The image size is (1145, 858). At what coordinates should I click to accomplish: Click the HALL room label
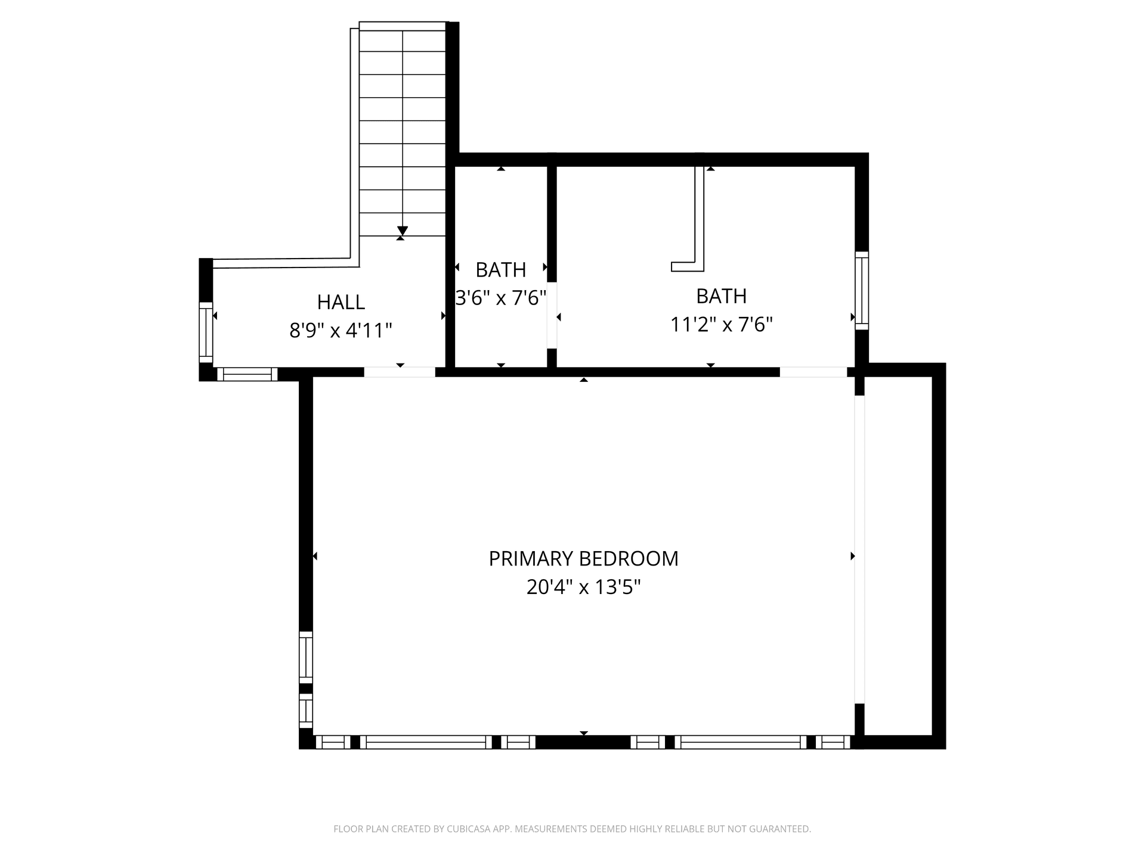[x=341, y=302]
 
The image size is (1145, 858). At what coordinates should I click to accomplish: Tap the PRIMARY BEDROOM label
[x=584, y=559]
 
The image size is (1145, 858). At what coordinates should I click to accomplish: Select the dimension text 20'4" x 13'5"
[x=584, y=587]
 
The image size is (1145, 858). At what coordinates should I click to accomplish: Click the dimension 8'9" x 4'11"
[x=341, y=330]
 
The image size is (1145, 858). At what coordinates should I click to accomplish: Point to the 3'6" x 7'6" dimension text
[x=501, y=297]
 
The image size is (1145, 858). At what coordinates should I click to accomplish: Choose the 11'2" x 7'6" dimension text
[x=722, y=325]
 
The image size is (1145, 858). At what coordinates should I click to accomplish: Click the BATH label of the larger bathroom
[x=722, y=296]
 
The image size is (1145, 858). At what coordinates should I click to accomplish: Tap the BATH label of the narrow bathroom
[x=501, y=270]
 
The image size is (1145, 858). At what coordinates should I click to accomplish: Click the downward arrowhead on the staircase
[x=403, y=231]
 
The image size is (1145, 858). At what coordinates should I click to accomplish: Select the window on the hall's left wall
[x=206, y=332]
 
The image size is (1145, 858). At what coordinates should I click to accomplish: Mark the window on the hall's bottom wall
[x=247, y=374]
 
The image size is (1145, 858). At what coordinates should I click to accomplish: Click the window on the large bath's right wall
[x=862, y=290]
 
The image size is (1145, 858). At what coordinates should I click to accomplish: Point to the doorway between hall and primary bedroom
[x=400, y=372]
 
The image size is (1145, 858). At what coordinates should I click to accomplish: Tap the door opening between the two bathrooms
[x=552, y=315]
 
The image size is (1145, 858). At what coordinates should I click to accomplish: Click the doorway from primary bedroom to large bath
[x=813, y=372]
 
